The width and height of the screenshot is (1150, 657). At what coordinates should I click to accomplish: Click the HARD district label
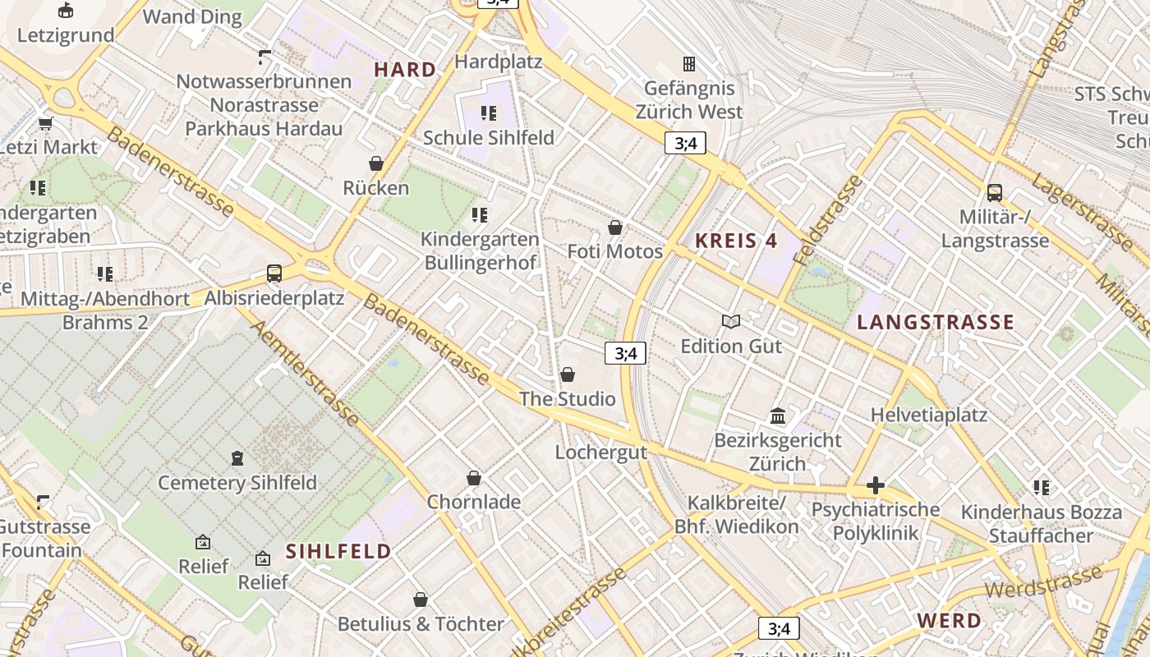coord(405,70)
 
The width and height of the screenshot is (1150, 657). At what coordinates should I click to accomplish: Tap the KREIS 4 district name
coord(736,241)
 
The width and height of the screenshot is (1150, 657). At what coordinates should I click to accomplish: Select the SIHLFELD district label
coord(338,551)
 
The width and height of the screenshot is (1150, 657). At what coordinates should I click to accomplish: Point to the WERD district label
coord(949,620)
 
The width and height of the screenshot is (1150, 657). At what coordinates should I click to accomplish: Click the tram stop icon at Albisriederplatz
coord(274,273)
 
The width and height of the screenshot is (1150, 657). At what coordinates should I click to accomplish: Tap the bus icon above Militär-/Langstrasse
coord(995,193)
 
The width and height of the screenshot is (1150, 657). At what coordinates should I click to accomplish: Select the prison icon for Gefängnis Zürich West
coord(689,63)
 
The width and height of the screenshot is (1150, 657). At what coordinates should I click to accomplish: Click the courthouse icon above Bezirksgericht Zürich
coord(778,416)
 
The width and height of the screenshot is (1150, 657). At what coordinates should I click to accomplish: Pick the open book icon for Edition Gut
coord(730,321)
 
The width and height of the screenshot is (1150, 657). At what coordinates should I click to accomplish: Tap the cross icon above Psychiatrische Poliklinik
coord(875,485)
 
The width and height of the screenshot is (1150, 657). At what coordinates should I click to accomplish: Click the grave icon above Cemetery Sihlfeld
coord(237,457)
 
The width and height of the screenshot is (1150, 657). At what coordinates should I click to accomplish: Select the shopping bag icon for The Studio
coord(567,375)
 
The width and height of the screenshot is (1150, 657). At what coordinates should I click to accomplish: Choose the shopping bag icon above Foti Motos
coord(614,227)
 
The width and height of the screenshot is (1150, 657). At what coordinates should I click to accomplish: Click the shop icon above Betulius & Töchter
coord(421,600)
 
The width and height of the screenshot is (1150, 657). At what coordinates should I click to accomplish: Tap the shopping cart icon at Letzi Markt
coord(45,123)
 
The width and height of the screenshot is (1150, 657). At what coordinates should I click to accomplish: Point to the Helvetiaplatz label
coord(929,415)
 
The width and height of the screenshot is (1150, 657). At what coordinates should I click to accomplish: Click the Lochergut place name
coord(600,452)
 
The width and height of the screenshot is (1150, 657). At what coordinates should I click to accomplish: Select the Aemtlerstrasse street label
coord(305,374)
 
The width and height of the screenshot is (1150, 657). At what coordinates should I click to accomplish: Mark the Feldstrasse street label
coord(828,219)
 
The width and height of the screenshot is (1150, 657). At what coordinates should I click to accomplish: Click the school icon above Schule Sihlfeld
coord(489,113)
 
